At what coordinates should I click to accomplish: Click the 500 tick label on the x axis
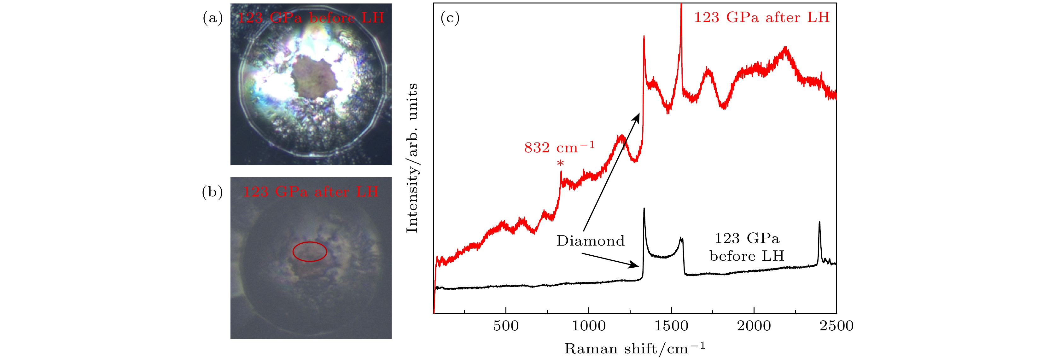tap(506, 326)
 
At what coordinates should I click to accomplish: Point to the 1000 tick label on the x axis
tap(589, 326)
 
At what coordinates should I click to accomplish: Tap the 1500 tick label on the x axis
tap(671, 326)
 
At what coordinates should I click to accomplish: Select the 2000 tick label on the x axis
tap(754, 326)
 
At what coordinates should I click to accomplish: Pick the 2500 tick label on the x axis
tap(836, 326)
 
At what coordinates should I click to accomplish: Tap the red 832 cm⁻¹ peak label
tap(559, 147)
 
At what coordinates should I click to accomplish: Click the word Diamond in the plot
tap(591, 241)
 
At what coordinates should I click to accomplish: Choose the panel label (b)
tap(213, 192)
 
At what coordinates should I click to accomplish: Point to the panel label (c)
tap(450, 18)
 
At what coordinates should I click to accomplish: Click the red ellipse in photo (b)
tap(310, 252)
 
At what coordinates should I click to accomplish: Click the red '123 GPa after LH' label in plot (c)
tap(762, 18)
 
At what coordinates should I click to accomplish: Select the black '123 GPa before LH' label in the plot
tap(747, 247)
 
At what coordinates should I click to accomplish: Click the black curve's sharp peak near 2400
tap(819, 223)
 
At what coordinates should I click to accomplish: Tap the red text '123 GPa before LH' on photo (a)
tap(311, 18)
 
